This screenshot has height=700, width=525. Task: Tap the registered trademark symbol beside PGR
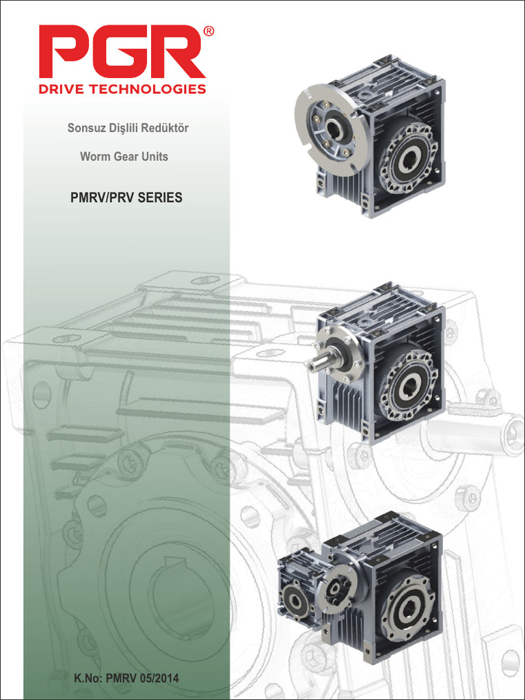[x=208, y=31]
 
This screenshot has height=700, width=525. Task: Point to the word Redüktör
[x=164, y=128]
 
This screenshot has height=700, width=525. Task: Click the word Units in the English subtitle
[x=154, y=156]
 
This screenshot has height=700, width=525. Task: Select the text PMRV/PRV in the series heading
[x=103, y=198]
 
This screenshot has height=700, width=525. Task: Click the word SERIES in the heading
[x=160, y=198]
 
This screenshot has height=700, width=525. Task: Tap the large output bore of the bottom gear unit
[x=409, y=606]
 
